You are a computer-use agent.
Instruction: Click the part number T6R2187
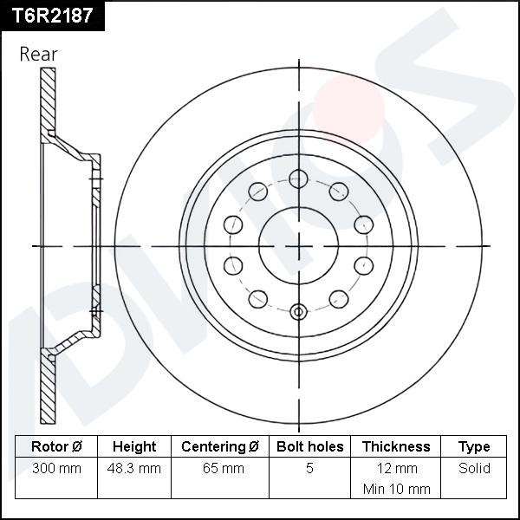(x=51, y=15)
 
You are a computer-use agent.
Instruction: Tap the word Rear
(x=38, y=54)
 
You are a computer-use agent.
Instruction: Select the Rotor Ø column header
(x=56, y=447)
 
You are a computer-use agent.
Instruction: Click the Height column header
(x=134, y=447)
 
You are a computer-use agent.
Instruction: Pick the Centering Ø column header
(x=220, y=447)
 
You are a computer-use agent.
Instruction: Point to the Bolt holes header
(x=310, y=447)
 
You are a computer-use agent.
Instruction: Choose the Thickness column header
(x=396, y=447)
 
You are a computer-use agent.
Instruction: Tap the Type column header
(x=474, y=447)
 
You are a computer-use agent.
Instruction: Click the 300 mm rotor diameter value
(x=56, y=469)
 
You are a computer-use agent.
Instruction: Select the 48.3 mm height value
(x=134, y=469)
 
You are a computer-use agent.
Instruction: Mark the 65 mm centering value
(x=220, y=469)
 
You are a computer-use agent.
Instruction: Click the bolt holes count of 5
(x=310, y=469)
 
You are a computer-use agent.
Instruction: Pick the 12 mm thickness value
(x=396, y=469)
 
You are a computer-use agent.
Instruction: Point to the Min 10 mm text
(x=396, y=489)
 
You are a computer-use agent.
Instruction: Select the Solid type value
(x=474, y=469)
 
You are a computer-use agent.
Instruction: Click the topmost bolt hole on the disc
(x=299, y=179)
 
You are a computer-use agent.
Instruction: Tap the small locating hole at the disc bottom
(x=299, y=312)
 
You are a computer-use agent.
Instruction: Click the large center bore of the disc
(x=299, y=246)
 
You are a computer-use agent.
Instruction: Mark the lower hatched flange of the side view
(x=49, y=390)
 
